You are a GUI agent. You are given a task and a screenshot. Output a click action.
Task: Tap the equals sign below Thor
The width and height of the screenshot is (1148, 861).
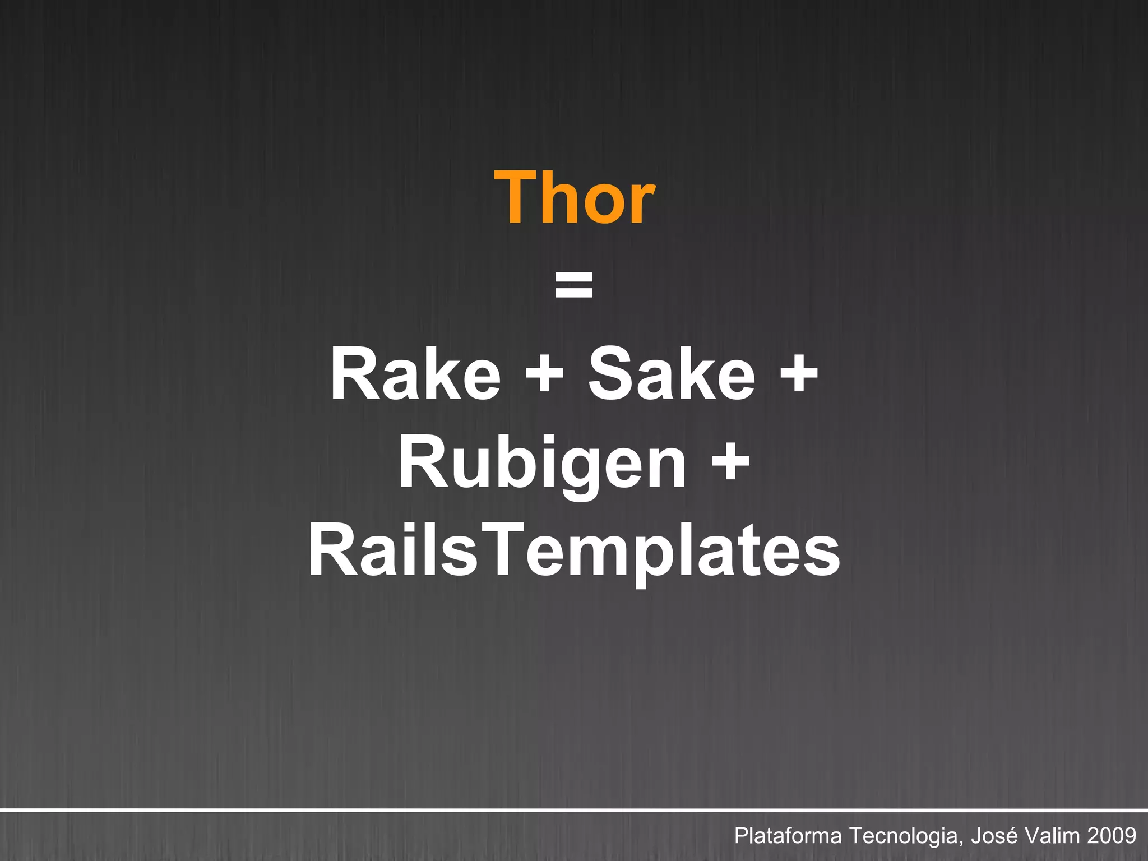tap(573, 284)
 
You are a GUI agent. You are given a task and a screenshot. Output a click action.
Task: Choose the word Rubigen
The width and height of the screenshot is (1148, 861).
tap(542, 463)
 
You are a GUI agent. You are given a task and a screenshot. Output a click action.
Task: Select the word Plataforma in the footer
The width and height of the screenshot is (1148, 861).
tap(788, 836)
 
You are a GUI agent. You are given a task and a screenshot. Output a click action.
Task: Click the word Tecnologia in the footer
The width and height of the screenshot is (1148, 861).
tap(908, 836)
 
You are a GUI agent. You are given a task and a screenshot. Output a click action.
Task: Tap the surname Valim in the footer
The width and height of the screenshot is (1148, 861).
tap(1052, 836)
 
